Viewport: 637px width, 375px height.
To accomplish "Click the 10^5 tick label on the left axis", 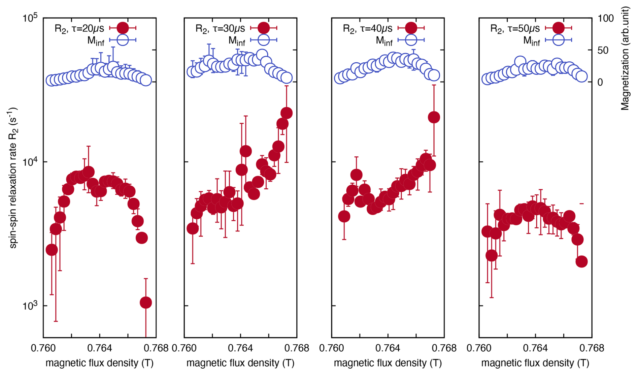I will click(30, 18).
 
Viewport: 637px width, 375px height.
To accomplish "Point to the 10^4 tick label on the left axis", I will click(30, 162).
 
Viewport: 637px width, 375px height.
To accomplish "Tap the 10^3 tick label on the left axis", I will click(30, 306).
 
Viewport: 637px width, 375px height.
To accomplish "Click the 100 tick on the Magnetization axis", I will click(605, 18).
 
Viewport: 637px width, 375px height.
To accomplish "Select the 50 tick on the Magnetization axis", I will click(603, 50).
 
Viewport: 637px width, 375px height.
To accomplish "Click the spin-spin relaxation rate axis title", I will click(13, 178).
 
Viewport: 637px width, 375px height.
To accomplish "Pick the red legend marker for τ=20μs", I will click(123, 28).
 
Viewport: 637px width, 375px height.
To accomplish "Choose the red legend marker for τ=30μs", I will click(263, 28).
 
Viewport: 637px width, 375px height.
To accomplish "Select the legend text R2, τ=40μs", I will click(367, 28).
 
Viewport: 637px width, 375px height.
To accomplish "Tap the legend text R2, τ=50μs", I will click(515, 28).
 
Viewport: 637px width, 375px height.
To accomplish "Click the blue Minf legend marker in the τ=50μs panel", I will click(558, 40).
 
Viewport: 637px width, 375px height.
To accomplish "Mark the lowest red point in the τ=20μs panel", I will click(146, 303).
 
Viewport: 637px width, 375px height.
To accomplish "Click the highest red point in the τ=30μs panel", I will click(287, 113).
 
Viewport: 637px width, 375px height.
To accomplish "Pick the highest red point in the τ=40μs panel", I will click(434, 117).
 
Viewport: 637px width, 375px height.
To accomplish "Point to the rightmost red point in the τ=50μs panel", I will click(581, 261).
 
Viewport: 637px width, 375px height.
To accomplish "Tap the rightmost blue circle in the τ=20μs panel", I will click(146, 80).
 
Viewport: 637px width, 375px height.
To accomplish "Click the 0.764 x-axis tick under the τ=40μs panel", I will click(388, 348).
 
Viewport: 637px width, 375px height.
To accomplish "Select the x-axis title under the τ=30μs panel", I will click(240, 363).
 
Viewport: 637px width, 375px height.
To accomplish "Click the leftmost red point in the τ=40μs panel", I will click(344, 216).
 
